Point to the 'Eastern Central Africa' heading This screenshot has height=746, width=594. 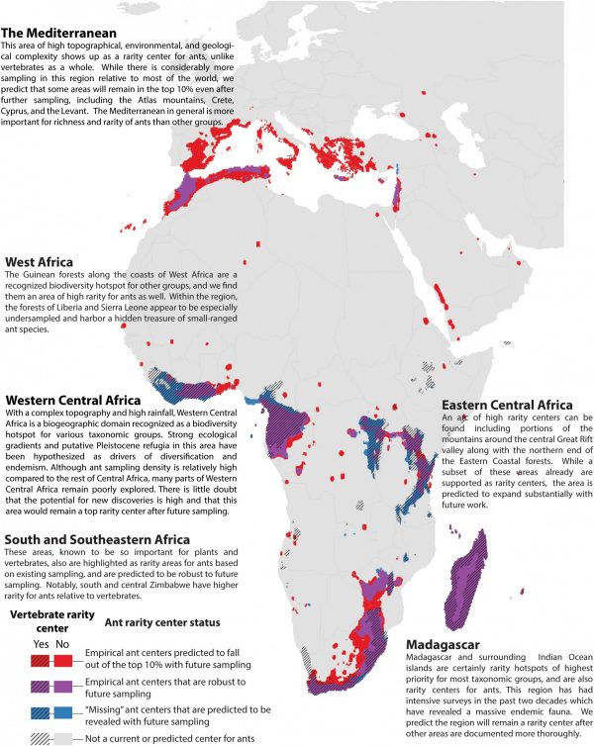pos(507,406)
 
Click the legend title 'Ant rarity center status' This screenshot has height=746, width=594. pos(163,621)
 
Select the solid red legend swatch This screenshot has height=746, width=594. pos(62,658)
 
